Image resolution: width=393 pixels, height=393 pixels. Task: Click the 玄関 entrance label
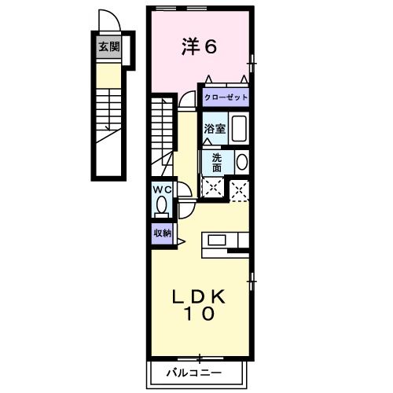click(x=108, y=47)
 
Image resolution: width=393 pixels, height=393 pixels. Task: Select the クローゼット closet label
click(x=226, y=97)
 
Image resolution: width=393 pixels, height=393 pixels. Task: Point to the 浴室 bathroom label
click(x=216, y=129)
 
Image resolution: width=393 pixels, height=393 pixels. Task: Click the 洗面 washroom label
click(x=217, y=161)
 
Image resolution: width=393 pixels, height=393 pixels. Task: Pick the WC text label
click(x=162, y=189)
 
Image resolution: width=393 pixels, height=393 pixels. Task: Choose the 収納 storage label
click(x=162, y=233)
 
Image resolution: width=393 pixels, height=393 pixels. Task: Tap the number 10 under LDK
click(x=200, y=314)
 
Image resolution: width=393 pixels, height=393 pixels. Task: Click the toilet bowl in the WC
click(x=162, y=206)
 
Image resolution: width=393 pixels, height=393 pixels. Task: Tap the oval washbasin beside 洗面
click(x=241, y=162)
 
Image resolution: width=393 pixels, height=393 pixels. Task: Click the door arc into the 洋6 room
click(x=187, y=100)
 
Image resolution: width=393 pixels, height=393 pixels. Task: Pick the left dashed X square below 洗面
click(x=212, y=187)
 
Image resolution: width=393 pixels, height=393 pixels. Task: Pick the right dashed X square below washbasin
click(x=239, y=188)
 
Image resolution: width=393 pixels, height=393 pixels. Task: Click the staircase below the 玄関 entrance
click(x=108, y=114)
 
